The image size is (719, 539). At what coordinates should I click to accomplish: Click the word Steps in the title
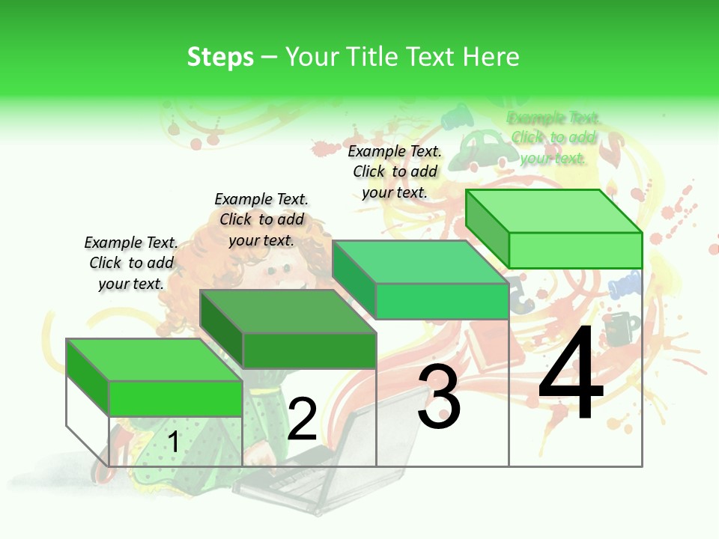220,57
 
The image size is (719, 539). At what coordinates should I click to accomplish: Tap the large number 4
571,374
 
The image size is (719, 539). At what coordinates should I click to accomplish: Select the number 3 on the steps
439,397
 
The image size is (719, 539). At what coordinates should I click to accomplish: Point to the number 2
302,419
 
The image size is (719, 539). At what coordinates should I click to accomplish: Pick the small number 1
174,442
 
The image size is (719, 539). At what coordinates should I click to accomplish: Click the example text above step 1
131,263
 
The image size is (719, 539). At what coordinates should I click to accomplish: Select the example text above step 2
261,219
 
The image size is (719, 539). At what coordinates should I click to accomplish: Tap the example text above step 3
395,171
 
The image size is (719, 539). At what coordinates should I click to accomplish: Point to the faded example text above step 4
553,138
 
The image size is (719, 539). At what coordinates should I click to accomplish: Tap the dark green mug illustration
620,328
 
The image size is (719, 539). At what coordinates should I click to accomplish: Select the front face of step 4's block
575,250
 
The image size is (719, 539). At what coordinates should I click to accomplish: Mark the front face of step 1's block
175,398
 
